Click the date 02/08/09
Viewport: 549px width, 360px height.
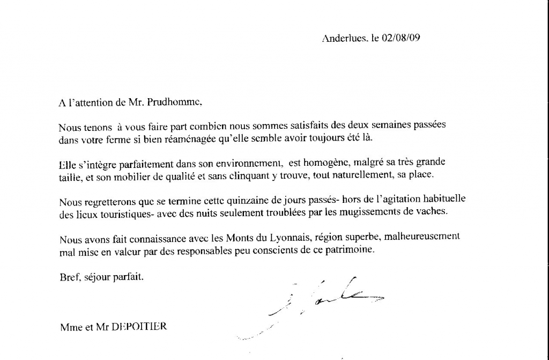400,39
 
